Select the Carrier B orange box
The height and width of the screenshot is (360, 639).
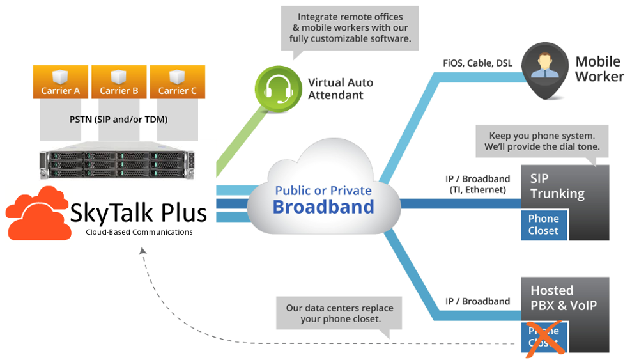point(119,81)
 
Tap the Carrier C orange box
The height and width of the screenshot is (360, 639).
point(177,81)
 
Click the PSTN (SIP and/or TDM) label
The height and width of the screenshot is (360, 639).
point(118,119)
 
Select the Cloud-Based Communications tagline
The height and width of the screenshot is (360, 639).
point(139,232)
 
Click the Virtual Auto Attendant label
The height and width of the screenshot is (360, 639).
point(341,89)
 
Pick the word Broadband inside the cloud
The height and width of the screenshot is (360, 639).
point(323,207)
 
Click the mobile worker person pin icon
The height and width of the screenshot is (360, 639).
point(544,70)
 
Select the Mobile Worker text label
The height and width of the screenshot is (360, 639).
point(599,69)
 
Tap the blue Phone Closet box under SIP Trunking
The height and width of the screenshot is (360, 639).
point(544,224)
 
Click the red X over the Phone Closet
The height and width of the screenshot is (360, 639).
point(544,337)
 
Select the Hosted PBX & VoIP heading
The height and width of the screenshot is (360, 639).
point(562,298)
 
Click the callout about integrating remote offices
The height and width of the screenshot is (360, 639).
point(350,27)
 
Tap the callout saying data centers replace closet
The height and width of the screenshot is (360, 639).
point(339,313)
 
